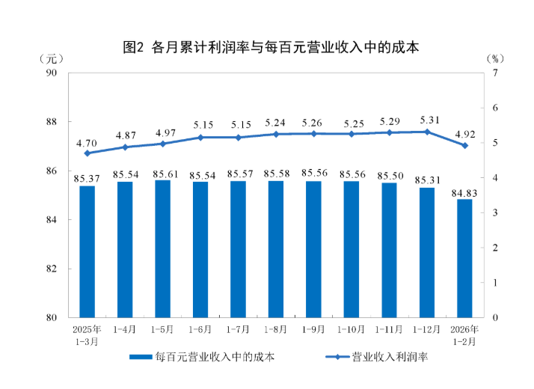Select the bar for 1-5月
[x=163, y=248]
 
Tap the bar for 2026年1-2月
[x=464, y=258]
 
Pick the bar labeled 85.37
[x=88, y=251]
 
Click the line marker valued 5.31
[x=427, y=132]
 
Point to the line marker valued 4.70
[x=88, y=153]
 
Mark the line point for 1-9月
[x=313, y=134]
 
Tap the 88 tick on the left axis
[x=52, y=122]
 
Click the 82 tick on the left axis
[x=52, y=269]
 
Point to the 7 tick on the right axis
[x=495, y=73]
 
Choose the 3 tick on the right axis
[x=495, y=212]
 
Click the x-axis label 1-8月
[x=276, y=328]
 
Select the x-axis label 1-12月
[x=427, y=328]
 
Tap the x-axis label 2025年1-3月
[x=88, y=334]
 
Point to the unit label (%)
[x=495, y=58]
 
